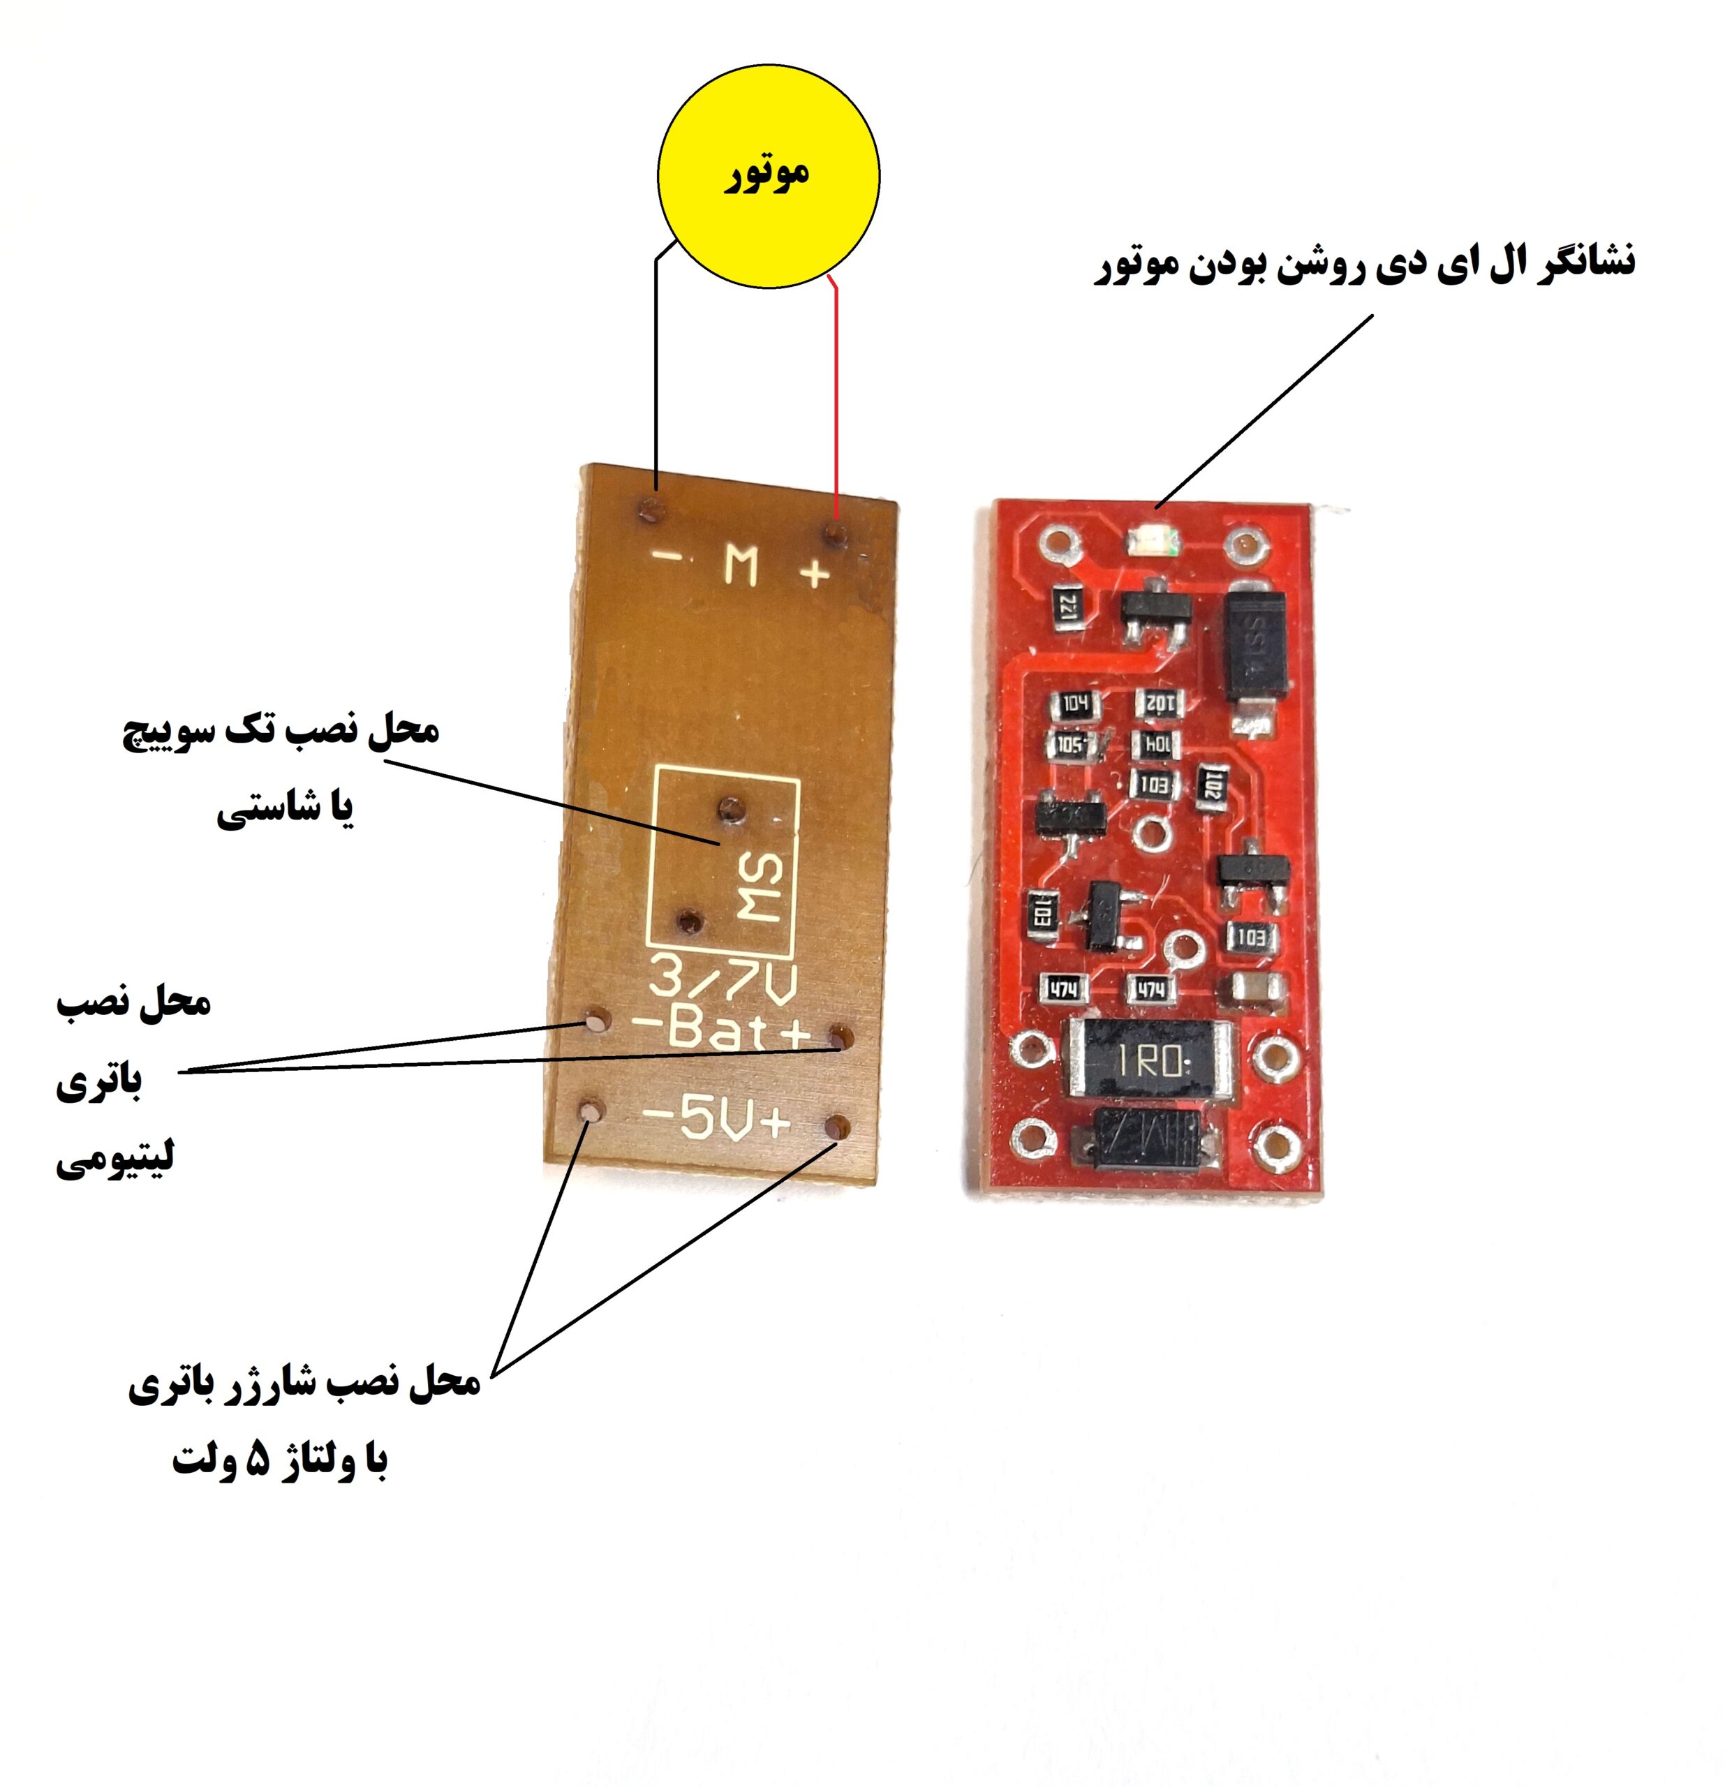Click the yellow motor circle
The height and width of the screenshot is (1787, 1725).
pyautogui.click(x=768, y=177)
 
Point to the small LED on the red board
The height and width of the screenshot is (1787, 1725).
pyautogui.click(x=1152, y=544)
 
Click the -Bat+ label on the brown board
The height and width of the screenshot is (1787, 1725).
pyautogui.click(x=720, y=1030)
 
